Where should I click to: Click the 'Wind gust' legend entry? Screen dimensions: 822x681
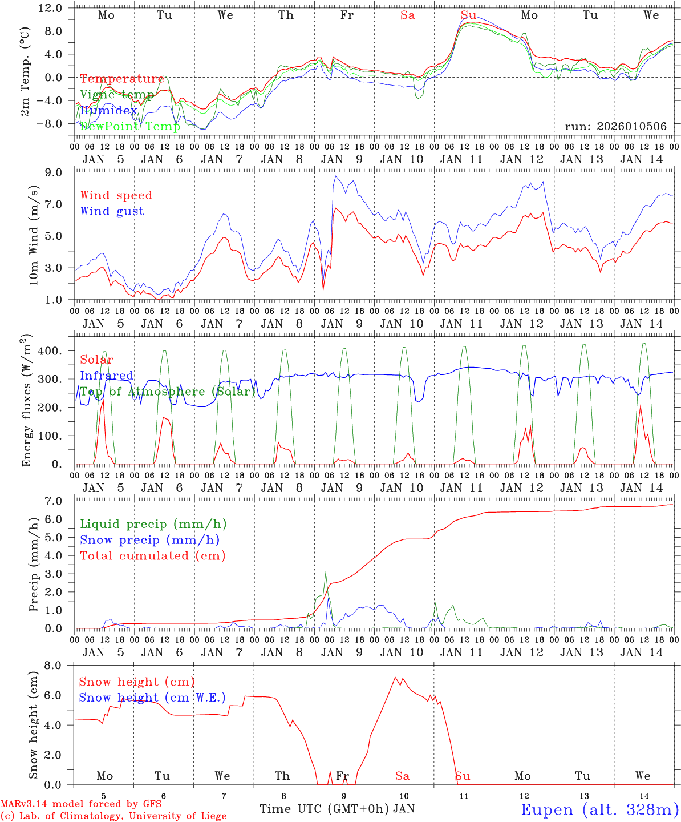coord(112,211)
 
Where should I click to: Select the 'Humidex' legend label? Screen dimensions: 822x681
coord(108,110)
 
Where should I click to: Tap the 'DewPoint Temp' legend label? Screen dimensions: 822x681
coord(130,126)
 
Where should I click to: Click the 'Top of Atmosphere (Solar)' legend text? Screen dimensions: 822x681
coord(168,392)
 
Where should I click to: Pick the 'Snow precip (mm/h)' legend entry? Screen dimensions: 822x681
coord(149,539)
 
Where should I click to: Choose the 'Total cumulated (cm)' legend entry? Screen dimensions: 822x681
coord(152,555)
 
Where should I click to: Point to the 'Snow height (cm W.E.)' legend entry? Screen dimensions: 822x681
coord(152,698)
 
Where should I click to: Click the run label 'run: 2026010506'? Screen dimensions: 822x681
coord(615,126)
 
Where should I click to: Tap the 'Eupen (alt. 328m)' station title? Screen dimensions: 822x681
coord(599,809)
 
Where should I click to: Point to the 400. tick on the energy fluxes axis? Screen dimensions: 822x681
coord(48,351)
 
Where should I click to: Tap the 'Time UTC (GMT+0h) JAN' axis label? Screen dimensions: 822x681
coord(337,809)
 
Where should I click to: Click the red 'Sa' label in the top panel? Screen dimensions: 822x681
coord(407,15)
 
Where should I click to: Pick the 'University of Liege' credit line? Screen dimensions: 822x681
coord(113,816)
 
